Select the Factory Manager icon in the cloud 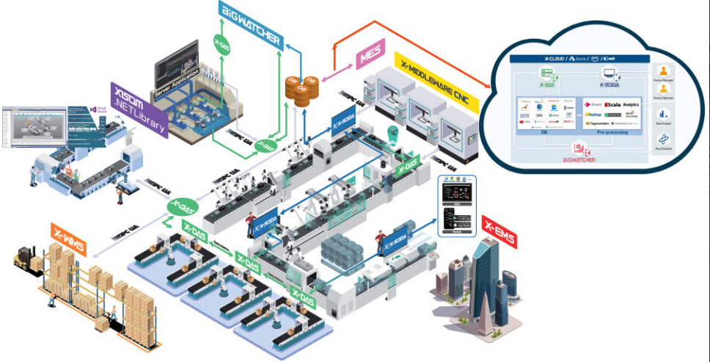pyautogui.click(x=665, y=72)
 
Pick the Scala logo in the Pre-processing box pyautogui.click(x=614, y=105)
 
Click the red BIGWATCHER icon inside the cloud pyautogui.click(x=570, y=151)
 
